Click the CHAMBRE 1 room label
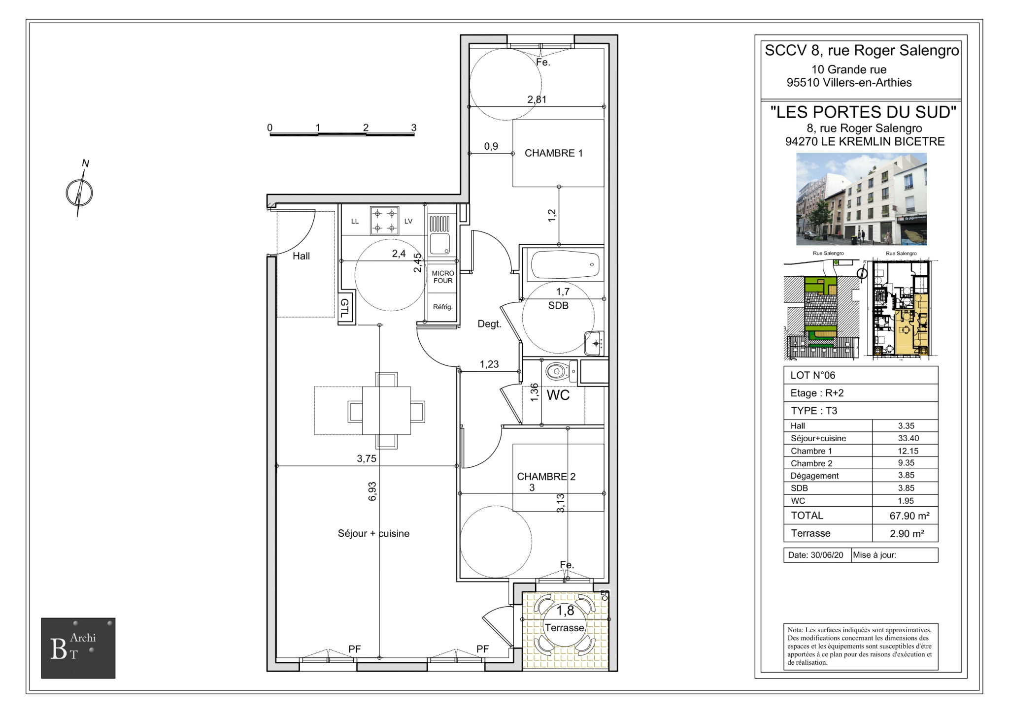553,153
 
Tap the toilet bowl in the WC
556,371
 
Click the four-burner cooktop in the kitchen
384,221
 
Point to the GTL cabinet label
344,308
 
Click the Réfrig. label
442,307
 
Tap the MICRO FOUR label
443,277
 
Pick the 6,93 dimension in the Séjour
372,491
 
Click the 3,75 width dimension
367,458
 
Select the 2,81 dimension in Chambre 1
537,99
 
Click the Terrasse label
564,628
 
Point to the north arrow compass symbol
80,192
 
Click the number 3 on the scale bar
414,128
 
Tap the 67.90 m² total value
909,516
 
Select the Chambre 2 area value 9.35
906,463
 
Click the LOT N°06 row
861,375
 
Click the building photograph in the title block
861,199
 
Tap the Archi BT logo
78,648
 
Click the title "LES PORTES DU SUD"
863,112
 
